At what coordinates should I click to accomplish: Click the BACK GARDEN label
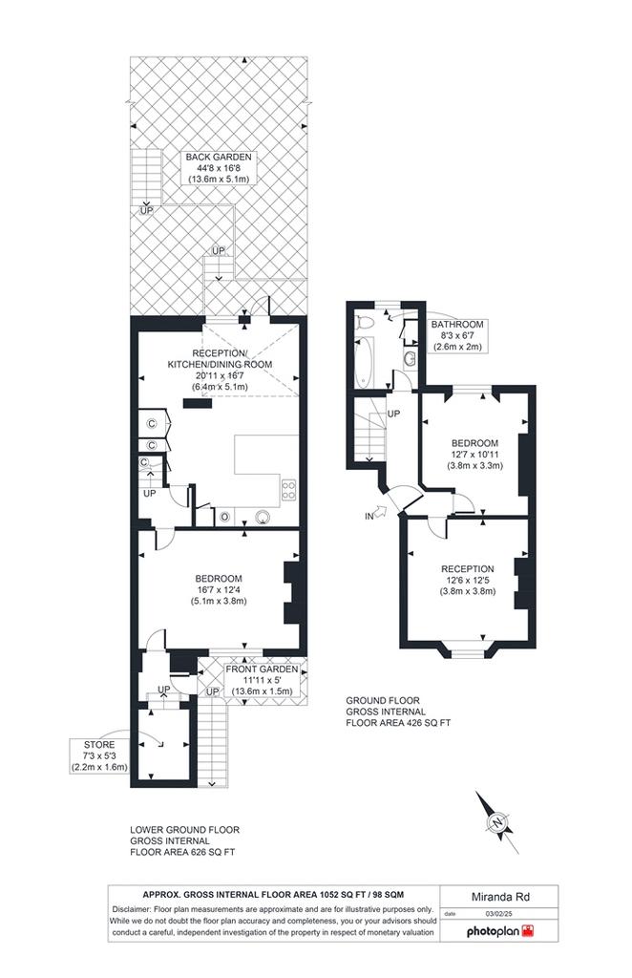(x=219, y=158)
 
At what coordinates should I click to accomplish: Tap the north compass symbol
(x=497, y=822)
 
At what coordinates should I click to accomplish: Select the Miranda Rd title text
(x=500, y=897)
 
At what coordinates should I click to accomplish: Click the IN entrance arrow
(x=379, y=514)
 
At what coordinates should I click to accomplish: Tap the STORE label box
(x=99, y=756)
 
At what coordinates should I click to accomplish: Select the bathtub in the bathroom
(x=364, y=363)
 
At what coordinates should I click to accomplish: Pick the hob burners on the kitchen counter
(x=289, y=489)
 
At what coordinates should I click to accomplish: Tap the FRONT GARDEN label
(x=262, y=670)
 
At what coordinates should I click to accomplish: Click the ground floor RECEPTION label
(x=468, y=569)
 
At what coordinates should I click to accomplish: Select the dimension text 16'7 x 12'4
(x=219, y=590)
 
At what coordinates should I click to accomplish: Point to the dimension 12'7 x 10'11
(x=474, y=455)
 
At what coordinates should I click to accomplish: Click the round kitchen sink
(x=264, y=517)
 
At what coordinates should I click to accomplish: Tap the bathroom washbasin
(x=411, y=358)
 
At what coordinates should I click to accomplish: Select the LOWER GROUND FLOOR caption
(x=184, y=830)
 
